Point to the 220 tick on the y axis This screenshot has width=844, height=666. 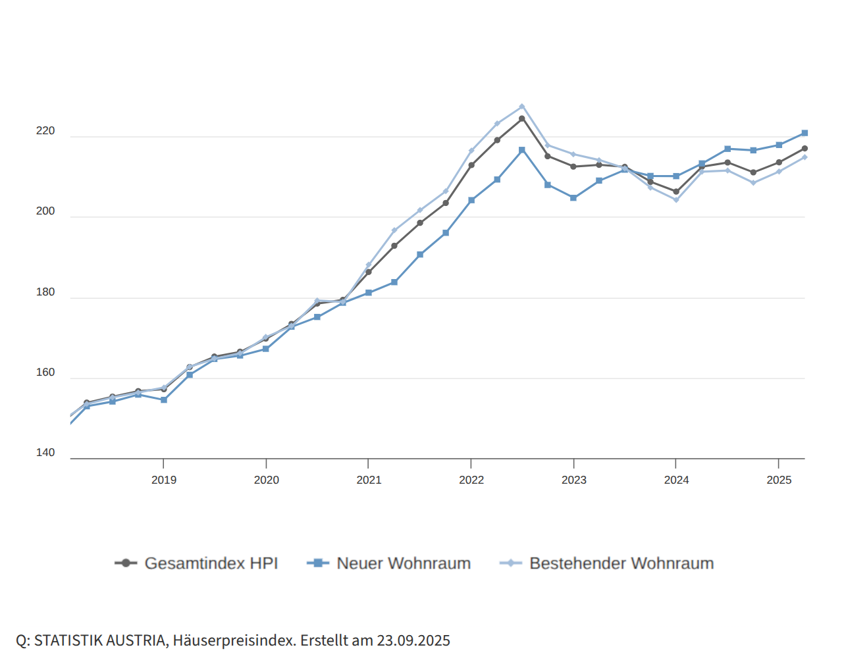(x=45, y=132)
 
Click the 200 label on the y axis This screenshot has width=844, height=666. (x=45, y=211)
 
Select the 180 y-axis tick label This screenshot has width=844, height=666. (x=45, y=292)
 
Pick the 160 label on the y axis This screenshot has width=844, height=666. (x=45, y=372)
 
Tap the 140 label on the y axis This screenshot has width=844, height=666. (x=45, y=453)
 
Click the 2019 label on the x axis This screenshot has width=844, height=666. (x=163, y=480)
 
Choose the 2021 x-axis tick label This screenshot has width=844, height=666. (x=369, y=480)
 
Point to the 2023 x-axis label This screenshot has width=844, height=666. (x=573, y=480)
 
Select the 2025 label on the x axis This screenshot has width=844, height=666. (x=779, y=480)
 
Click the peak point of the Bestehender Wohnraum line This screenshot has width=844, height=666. (x=522, y=106)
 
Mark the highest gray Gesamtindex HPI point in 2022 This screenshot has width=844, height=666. (x=522, y=118)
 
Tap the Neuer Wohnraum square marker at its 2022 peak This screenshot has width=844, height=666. (x=522, y=150)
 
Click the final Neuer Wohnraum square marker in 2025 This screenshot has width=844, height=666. (x=804, y=133)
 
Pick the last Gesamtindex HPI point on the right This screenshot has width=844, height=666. (x=804, y=149)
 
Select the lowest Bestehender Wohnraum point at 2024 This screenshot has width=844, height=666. (x=676, y=200)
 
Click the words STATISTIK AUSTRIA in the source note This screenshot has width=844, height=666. (x=100, y=641)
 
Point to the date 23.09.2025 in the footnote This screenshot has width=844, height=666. (x=413, y=641)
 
